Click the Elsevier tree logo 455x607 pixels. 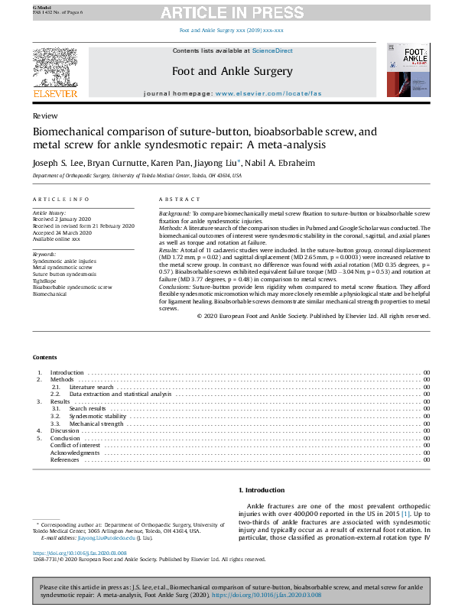[x=54, y=69]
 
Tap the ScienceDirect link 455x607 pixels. [x=273, y=50]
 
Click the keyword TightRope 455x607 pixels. [x=45, y=281]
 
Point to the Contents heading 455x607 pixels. [x=45, y=357]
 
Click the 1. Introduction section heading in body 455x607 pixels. [x=264, y=490]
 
